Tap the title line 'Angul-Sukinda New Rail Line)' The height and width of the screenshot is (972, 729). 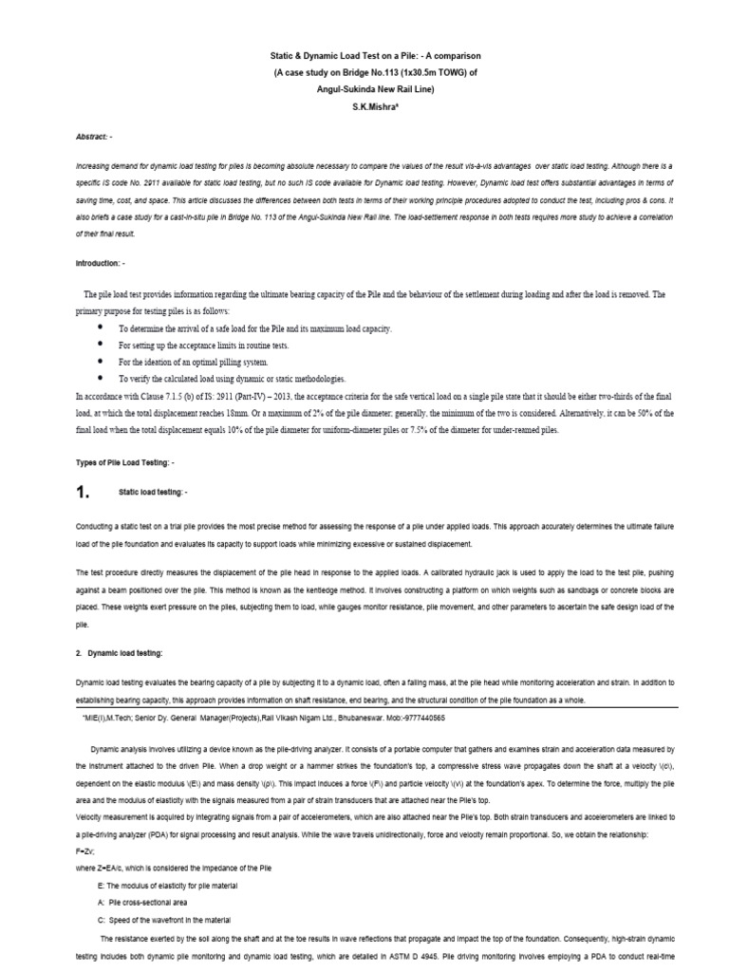(364, 91)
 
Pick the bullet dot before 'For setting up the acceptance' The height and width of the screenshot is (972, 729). (101, 345)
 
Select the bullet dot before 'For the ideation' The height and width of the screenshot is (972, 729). (101, 362)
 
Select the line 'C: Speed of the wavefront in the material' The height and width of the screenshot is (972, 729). (177, 920)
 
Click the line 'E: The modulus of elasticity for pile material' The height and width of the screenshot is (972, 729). (184, 885)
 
